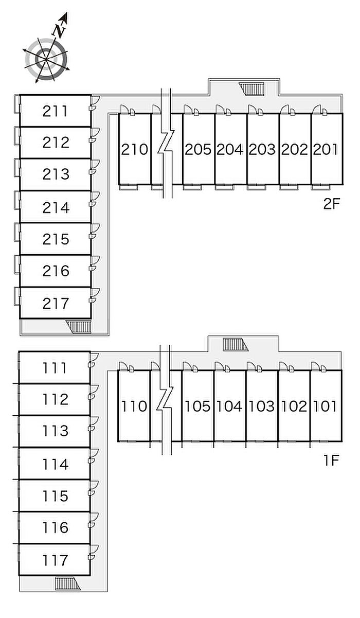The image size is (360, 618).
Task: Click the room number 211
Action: click(x=55, y=111)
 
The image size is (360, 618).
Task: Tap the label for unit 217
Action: click(x=56, y=303)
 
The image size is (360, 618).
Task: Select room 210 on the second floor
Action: click(x=135, y=149)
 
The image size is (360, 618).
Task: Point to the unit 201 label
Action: click(x=326, y=149)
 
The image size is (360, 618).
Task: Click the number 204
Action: click(x=230, y=149)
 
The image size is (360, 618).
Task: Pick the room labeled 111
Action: click(x=55, y=368)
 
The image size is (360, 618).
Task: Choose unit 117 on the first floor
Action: click(x=55, y=560)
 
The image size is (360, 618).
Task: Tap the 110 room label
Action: click(x=134, y=406)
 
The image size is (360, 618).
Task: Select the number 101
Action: click(x=325, y=406)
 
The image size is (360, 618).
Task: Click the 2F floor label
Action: click(x=332, y=204)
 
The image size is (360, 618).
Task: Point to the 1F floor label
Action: click(x=331, y=460)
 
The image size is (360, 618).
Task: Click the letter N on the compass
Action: click(x=59, y=31)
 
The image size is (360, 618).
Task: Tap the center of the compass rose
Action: click(x=46, y=59)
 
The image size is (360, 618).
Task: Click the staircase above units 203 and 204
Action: click(x=252, y=89)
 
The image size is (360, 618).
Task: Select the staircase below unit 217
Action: click(x=78, y=327)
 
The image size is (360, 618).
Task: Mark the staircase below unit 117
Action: click(x=67, y=584)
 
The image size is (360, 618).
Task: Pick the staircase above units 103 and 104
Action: click(x=236, y=345)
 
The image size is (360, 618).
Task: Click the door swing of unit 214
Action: click(x=95, y=199)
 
